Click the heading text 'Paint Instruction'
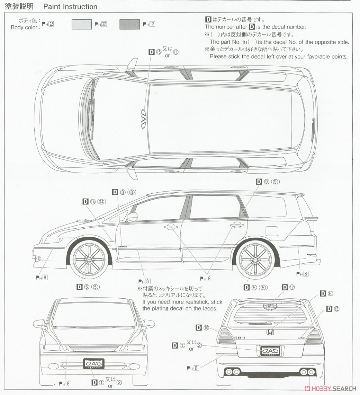[70, 7]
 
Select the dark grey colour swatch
[129, 24]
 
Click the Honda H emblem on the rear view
[269, 332]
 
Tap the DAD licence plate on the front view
[93, 363]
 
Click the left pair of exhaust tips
[232, 372]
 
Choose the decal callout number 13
[333, 308]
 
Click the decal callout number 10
[203, 327]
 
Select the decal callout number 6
[327, 294]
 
